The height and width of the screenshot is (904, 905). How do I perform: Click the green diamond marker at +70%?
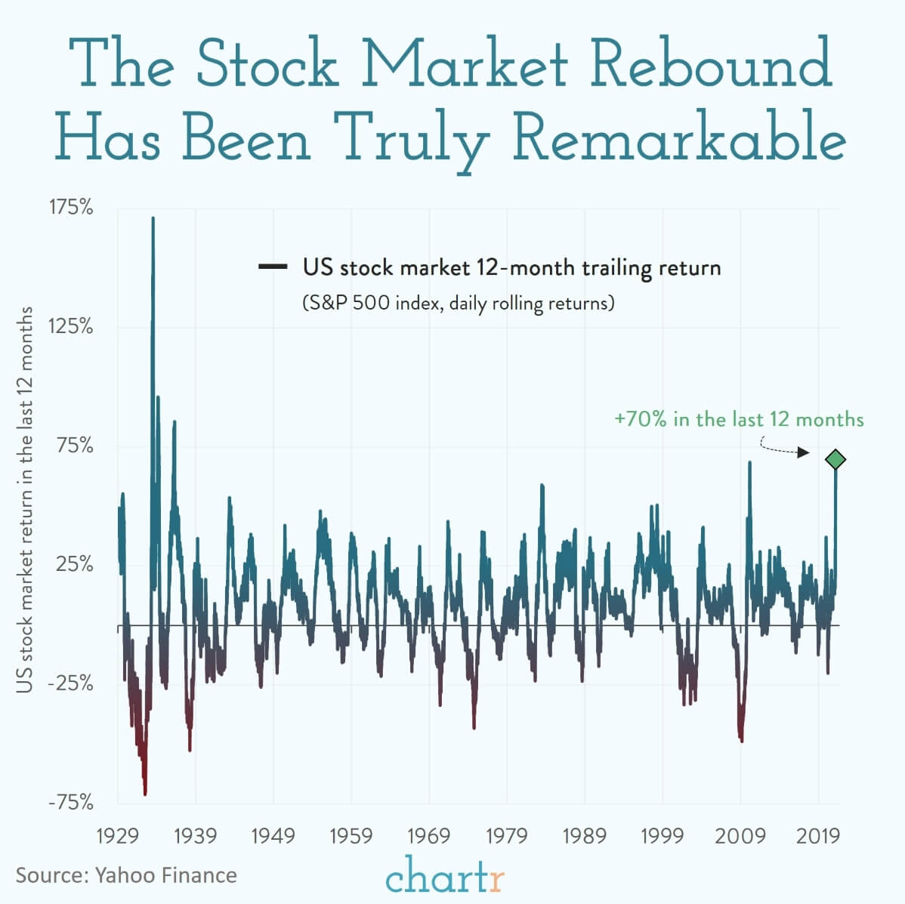(x=835, y=459)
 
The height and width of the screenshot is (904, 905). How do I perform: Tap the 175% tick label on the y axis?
(x=71, y=208)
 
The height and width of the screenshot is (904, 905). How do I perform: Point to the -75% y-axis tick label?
(x=71, y=802)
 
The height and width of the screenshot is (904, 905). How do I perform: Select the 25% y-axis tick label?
(x=76, y=565)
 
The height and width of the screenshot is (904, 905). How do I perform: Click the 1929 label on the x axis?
(x=118, y=836)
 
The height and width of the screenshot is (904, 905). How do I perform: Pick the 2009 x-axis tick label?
(x=740, y=836)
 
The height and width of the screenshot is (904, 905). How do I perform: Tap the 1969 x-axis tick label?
(x=429, y=836)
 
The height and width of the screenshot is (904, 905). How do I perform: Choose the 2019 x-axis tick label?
(x=818, y=836)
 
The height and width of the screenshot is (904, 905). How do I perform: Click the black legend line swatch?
(x=273, y=267)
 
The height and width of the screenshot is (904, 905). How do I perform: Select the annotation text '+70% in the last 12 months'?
(x=739, y=420)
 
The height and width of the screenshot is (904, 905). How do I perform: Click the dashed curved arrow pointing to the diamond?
(x=782, y=449)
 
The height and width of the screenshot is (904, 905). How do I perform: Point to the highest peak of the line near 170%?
(x=153, y=220)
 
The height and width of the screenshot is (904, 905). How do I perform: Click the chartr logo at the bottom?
(x=444, y=876)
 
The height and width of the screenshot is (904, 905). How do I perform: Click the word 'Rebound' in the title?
(x=710, y=65)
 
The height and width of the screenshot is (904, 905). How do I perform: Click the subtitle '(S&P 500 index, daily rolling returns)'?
(x=459, y=304)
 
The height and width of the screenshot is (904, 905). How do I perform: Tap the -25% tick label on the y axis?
(x=71, y=683)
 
